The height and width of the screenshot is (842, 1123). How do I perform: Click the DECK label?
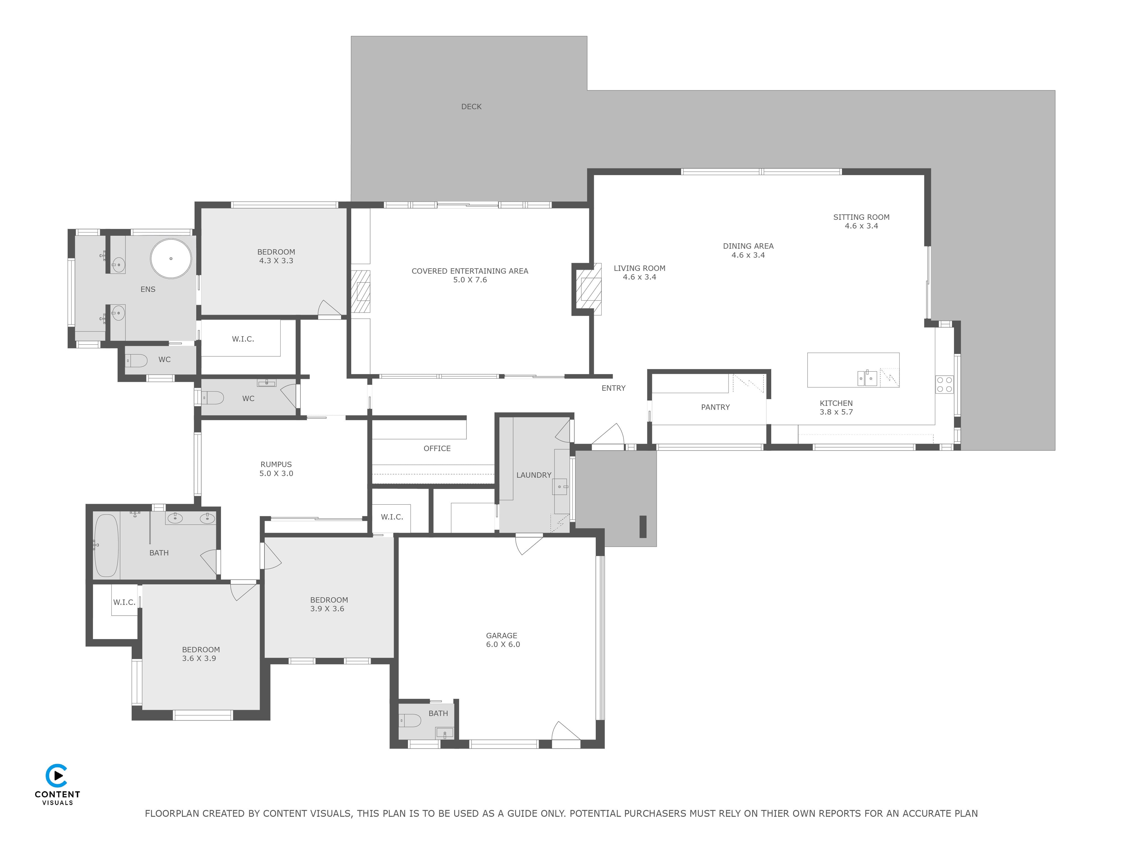[471, 107]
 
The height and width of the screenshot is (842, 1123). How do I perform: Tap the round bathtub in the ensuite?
[171, 258]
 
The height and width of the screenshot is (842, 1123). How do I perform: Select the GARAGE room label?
[502, 635]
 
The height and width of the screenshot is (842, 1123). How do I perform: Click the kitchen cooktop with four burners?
[944, 384]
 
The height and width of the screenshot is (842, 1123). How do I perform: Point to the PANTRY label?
[715, 407]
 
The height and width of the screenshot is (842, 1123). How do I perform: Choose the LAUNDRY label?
[534, 475]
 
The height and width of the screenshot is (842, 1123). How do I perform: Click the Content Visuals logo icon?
[57, 776]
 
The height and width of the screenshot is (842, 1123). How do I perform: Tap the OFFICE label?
[437, 448]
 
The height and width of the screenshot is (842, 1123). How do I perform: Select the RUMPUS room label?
[276, 464]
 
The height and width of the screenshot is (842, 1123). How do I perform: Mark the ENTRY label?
[613, 388]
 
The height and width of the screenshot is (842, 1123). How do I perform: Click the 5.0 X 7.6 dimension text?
[470, 280]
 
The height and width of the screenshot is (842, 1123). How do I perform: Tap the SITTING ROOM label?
[861, 217]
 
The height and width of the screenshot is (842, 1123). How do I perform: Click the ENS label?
[148, 289]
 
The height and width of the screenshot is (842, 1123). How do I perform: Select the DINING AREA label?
[748, 246]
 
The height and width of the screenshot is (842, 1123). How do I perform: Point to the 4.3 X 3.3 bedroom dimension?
[276, 261]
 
